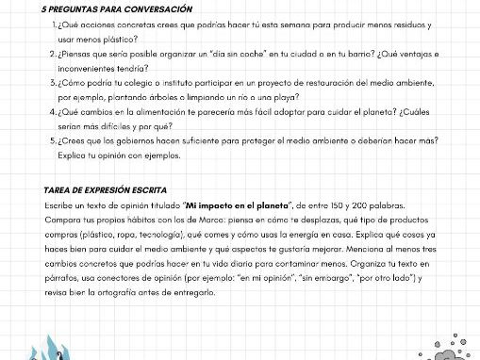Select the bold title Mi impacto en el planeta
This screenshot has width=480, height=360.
click(x=240, y=205)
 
